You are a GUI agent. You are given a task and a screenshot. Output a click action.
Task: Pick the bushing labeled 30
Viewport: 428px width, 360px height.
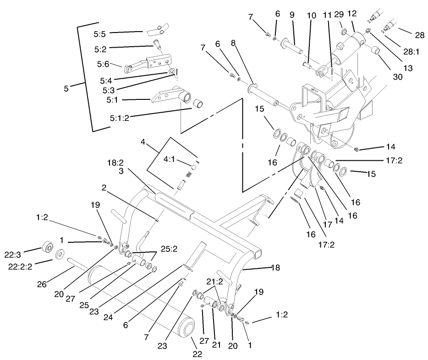click(x=376, y=50)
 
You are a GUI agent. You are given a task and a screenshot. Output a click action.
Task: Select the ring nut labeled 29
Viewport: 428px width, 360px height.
click(x=342, y=32)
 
